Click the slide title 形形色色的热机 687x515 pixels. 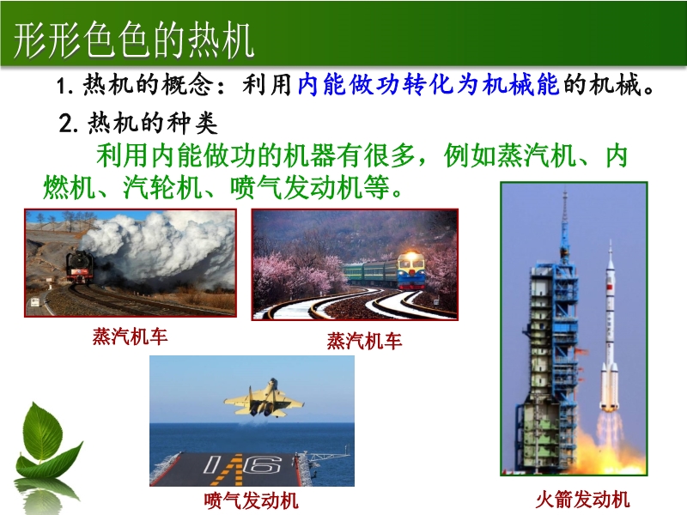coord(134,39)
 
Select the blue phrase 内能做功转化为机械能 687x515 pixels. coord(428,84)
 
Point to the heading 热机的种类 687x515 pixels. coord(152,123)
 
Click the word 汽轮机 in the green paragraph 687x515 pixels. coord(162,188)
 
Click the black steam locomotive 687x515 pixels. coord(80,268)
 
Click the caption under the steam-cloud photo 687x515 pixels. coord(131,336)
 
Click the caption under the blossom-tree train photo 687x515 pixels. coord(364,341)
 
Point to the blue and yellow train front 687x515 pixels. coord(410,270)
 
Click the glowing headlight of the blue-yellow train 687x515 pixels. coord(411,254)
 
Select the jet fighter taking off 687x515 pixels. coord(264,399)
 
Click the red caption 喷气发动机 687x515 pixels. coord(251,500)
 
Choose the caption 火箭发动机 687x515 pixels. coord(582,500)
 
